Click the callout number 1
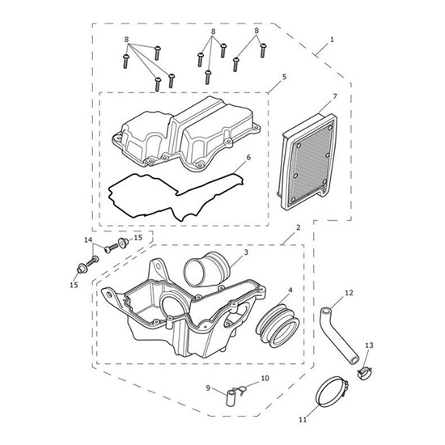tap(332, 40)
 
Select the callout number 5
tap(284, 77)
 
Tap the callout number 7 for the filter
tap(335, 96)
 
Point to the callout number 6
tap(248, 157)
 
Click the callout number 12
tap(349, 293)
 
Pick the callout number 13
tap(369, 345)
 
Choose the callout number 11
tap(303, 419)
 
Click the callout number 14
tap(88, 240)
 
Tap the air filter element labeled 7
tap(307, 161)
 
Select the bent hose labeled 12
tap(339, 336)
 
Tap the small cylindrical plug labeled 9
tap(230, 398)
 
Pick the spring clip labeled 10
tap(240, 391)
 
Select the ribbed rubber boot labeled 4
tap(278, 326)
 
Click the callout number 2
tap(299, 227)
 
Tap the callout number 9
tap(208, 388)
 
